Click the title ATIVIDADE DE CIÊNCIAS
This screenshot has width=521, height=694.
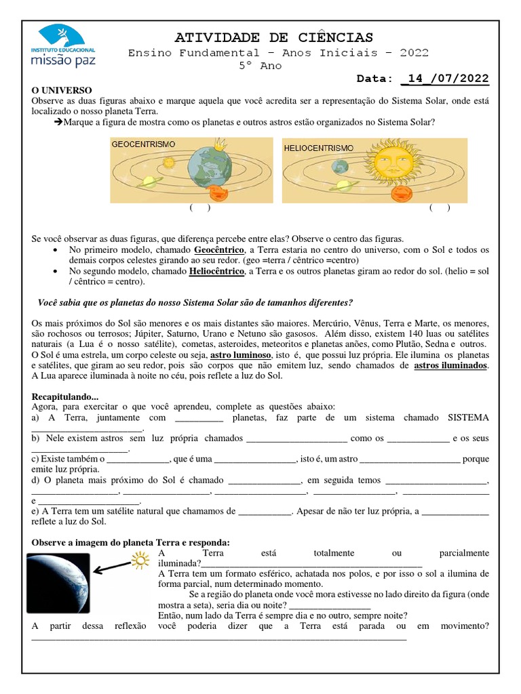pos(274,37)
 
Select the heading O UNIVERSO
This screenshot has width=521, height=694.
pos(62,90)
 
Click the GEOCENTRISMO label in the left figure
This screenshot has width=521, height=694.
pos(143,144)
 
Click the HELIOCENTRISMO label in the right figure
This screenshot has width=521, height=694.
pos(319,147)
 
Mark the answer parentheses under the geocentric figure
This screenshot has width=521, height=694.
pos(200,208)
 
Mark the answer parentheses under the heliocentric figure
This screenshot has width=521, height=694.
pos(440,208)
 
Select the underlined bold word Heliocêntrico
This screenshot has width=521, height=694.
pos(216,271)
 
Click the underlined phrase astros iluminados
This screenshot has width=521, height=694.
pos(450,365)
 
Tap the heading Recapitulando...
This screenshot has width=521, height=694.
pos(65,396)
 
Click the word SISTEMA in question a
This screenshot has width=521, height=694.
pos(468,418)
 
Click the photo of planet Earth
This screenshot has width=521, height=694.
pos(58,584)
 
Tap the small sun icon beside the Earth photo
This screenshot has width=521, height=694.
pos(140,559)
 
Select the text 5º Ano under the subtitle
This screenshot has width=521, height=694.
pos(260,66)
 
